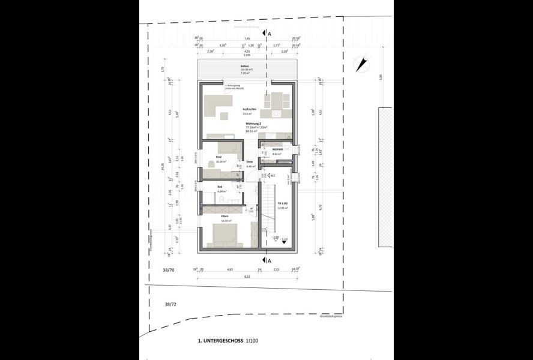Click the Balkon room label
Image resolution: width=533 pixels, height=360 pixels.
244,66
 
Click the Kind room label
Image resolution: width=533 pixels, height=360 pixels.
218,157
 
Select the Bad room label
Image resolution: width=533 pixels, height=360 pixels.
220,187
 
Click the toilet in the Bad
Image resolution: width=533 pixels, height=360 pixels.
223,198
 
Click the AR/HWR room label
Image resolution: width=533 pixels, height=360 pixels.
277,149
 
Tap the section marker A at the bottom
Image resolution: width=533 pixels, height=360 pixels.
268,260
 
